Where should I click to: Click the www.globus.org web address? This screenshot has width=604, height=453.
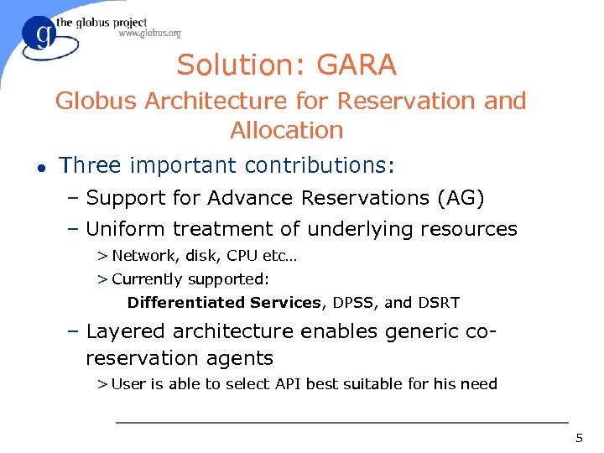pyautogui.click(x=149, y=34)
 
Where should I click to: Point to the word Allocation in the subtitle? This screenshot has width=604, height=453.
pyautogui.click(x=287, y=130)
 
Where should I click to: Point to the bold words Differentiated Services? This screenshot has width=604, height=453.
pyautogui.click(x=224, y=303)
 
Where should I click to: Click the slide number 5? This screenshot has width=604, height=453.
pyautogui.click(x=579, y=438)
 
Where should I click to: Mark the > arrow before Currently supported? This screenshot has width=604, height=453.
pyautogui.click(x=102, y=279)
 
